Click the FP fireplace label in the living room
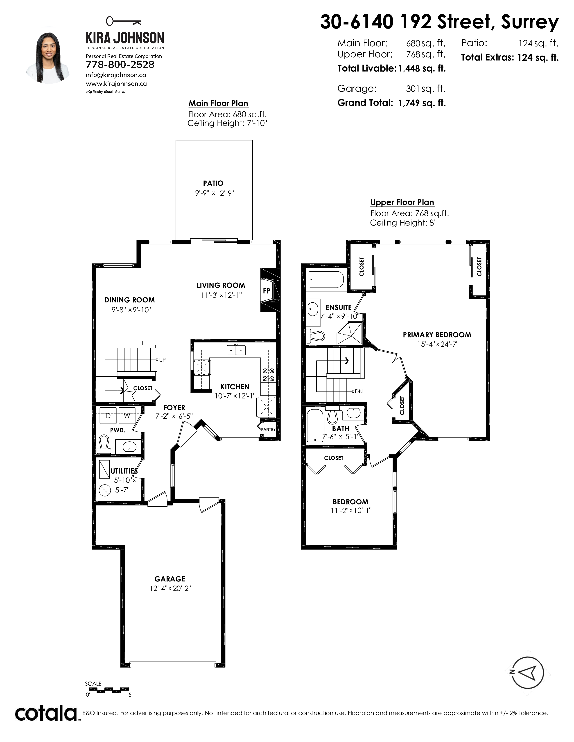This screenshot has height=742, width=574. coord(267,291)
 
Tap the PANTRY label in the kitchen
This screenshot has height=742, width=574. coord(268,429)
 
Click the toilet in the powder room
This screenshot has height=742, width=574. coord(104,444)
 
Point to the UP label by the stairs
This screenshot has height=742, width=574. coord(162,360)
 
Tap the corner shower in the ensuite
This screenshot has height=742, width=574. coord(350,334)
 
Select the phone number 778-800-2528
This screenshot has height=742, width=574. coord(120,65)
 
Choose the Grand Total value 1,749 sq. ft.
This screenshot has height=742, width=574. coord(422,103)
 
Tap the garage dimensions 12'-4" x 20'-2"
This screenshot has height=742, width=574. coord(170,588)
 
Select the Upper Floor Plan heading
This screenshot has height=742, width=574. coord(402,203)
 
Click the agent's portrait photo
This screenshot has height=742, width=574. coord(48,58)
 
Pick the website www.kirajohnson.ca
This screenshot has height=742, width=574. coord(116,84)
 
